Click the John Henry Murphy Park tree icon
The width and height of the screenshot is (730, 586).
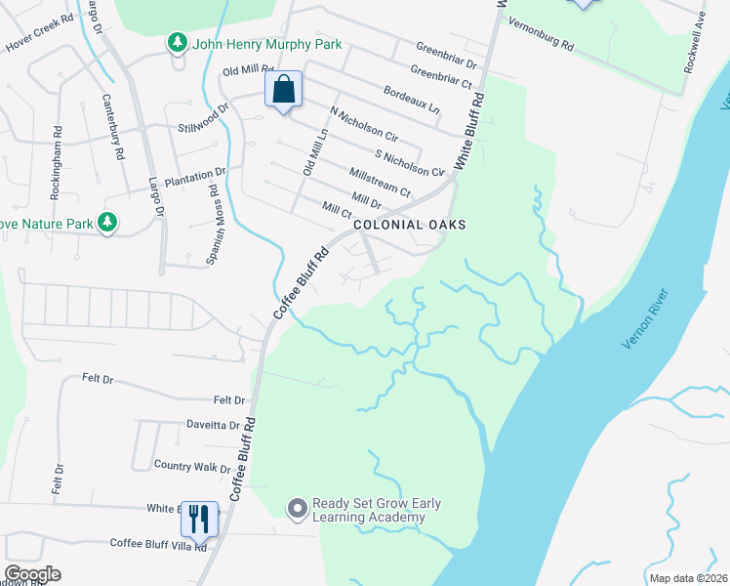pyautogui.click(x=177, y=43)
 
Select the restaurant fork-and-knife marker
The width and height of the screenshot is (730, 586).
pyautogui.click(x=199, y=520)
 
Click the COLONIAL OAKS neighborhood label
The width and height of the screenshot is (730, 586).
pyautogui.click(x=409, y=225)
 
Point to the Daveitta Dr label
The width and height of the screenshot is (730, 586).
pyautogui.click(x=213, y=425)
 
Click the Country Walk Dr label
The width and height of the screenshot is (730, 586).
pyautogui.click(x=191, y=467)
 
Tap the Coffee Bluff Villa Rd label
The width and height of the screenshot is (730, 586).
pyautogui.click(x=158, y=543)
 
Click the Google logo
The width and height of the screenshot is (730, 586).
pyautogui.click(x=32, y=574)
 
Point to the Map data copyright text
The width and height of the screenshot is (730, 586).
pyautogui.click(x=687, y=577)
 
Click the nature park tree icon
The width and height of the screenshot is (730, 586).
pyautogui.click(x=107, y=224)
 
